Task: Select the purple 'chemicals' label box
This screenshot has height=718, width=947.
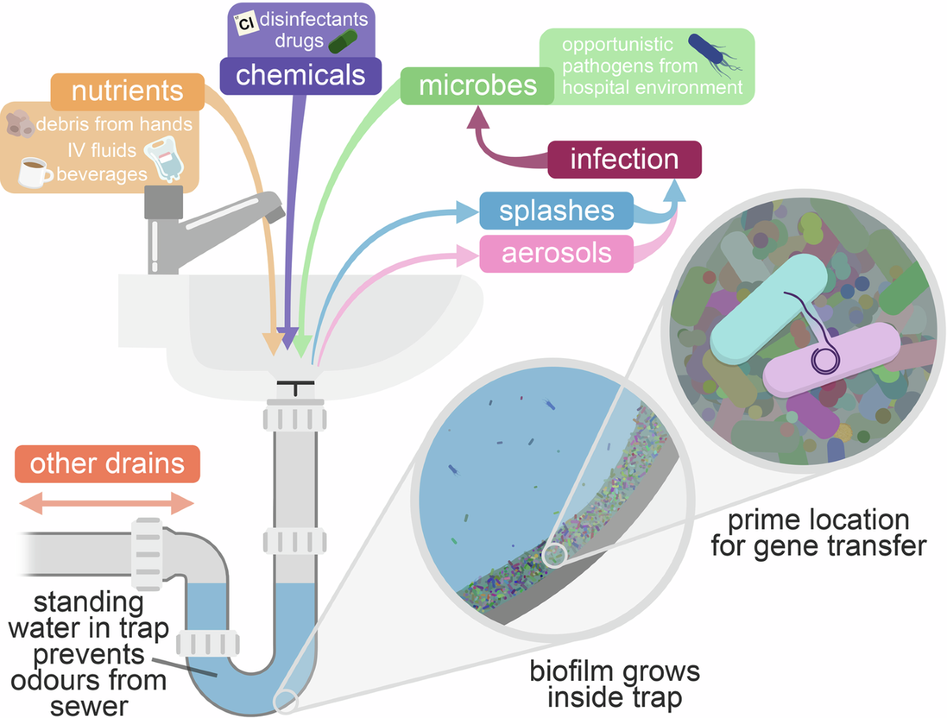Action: point(301,75)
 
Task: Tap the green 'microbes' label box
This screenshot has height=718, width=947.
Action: point(478,85)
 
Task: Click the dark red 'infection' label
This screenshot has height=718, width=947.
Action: point(623,159)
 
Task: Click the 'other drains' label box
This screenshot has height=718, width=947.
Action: point(107,465)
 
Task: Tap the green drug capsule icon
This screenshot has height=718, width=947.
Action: point(342,41)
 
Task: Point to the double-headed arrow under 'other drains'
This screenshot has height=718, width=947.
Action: point(107,503)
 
